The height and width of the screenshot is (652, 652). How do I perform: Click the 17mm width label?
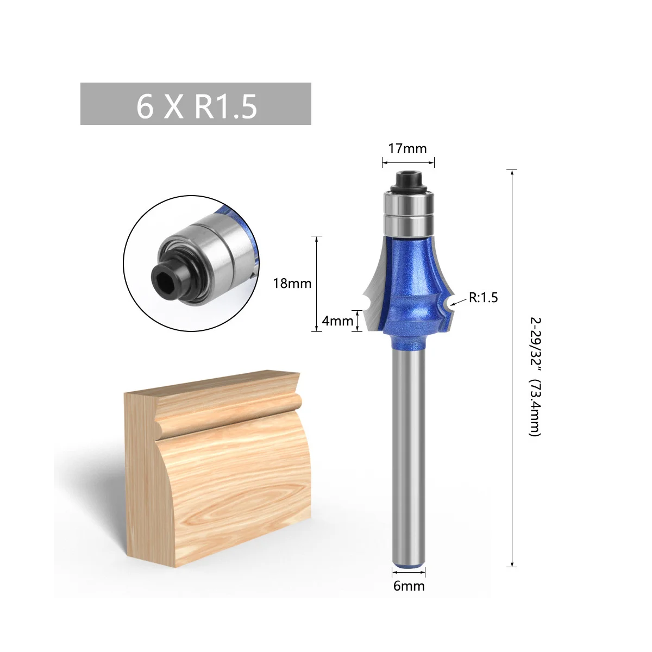click(407, 148)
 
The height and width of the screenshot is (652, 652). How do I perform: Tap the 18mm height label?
click(292, 284)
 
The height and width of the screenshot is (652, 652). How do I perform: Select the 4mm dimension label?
click(337, 321)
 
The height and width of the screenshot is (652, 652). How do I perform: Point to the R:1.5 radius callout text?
click(483, 297)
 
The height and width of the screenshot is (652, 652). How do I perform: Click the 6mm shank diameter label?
click(409, 586)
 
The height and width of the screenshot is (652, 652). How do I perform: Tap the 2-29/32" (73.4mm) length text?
click(535, 377)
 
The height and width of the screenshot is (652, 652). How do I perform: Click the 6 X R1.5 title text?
click(197, 106)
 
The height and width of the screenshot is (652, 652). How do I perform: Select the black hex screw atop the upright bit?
click(407, 181)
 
